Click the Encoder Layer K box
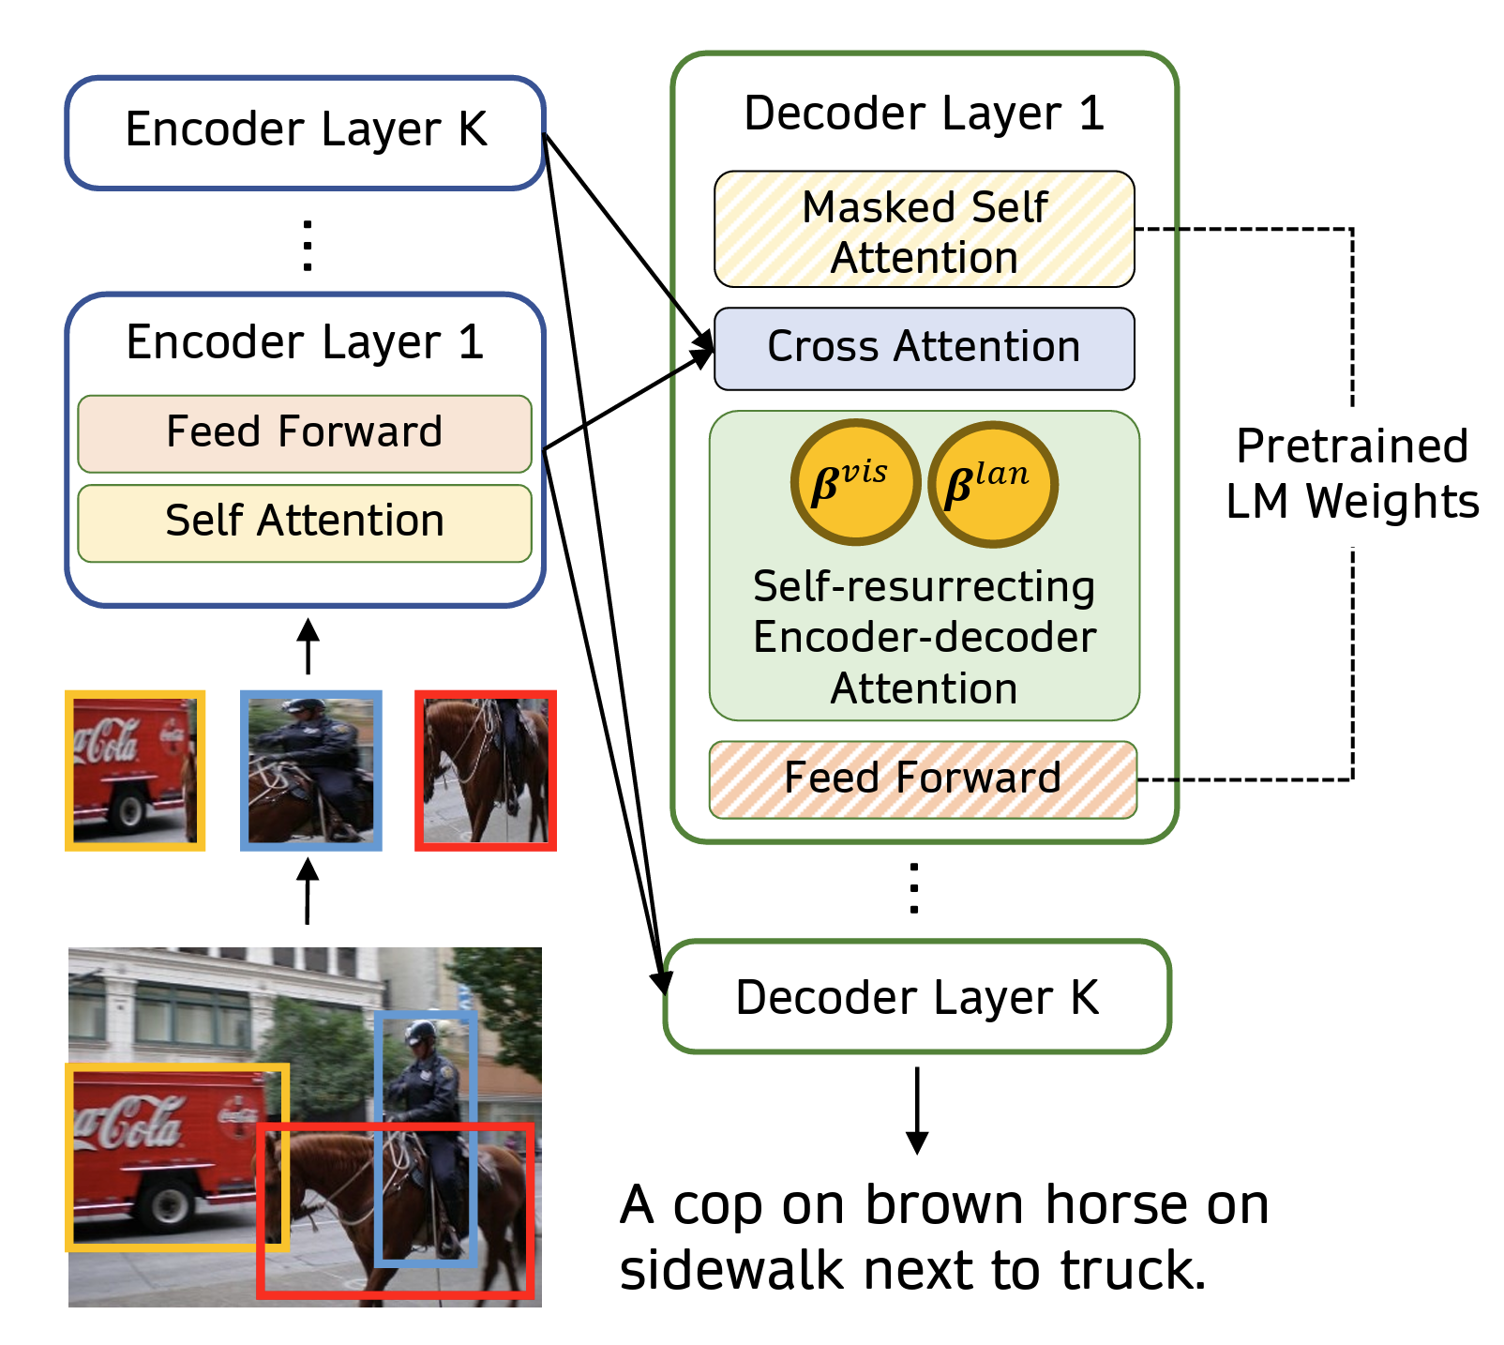305,132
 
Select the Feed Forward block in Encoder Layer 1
305,433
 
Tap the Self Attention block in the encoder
305,522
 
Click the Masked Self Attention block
924,229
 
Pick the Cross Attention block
924,348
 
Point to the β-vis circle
855,481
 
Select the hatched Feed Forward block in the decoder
923,779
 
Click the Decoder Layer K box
917,996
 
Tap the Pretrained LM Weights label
1352,474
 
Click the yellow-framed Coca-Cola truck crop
135,771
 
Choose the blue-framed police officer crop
311,771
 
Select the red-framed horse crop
486,771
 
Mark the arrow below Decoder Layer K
917,1110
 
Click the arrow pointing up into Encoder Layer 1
308,645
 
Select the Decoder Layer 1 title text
924,113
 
